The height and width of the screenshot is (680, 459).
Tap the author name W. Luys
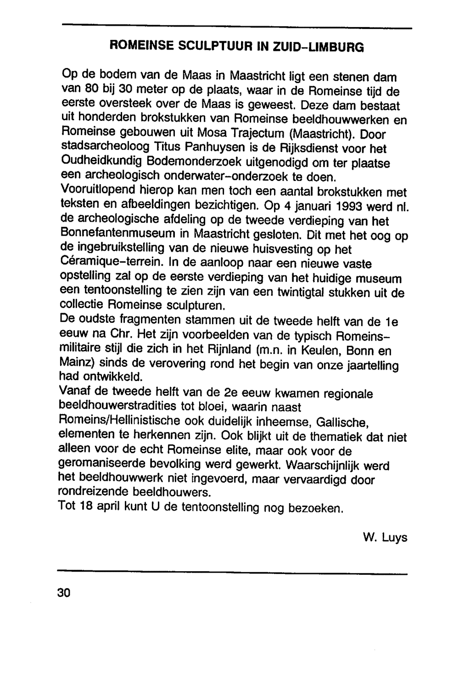pyautogui.click(x=385, y=538)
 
